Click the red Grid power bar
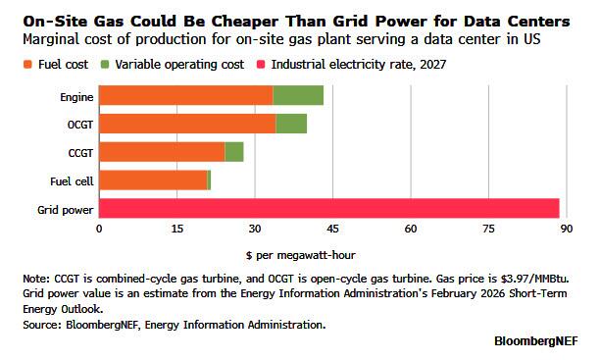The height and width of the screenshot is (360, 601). (329, 209)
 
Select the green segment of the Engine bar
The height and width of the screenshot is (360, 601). (298, 95)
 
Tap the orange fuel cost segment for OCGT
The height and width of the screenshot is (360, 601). (187, 124)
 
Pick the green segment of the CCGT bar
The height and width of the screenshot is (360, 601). (234, 152)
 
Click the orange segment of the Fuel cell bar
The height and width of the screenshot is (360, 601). (153, 180)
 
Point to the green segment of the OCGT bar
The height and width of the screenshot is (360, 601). (291, 124)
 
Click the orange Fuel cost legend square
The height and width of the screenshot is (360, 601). (27, 65)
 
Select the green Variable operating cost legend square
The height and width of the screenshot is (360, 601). (105, 65)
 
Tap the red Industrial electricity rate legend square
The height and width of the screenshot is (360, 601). (261, 65)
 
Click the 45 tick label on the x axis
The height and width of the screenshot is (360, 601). (332, 229)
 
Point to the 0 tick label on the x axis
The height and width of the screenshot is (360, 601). (99, 229)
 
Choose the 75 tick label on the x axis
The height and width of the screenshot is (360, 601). (488, 229)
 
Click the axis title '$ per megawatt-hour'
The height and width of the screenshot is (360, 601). (301, 255)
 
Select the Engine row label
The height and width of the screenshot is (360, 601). (76, 97)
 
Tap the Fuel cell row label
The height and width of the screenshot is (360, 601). (72, 180)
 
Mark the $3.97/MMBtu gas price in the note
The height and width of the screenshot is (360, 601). (534, 279)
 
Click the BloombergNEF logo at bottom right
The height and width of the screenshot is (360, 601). (536, 341)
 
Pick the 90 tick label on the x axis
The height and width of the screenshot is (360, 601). (566, 229)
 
